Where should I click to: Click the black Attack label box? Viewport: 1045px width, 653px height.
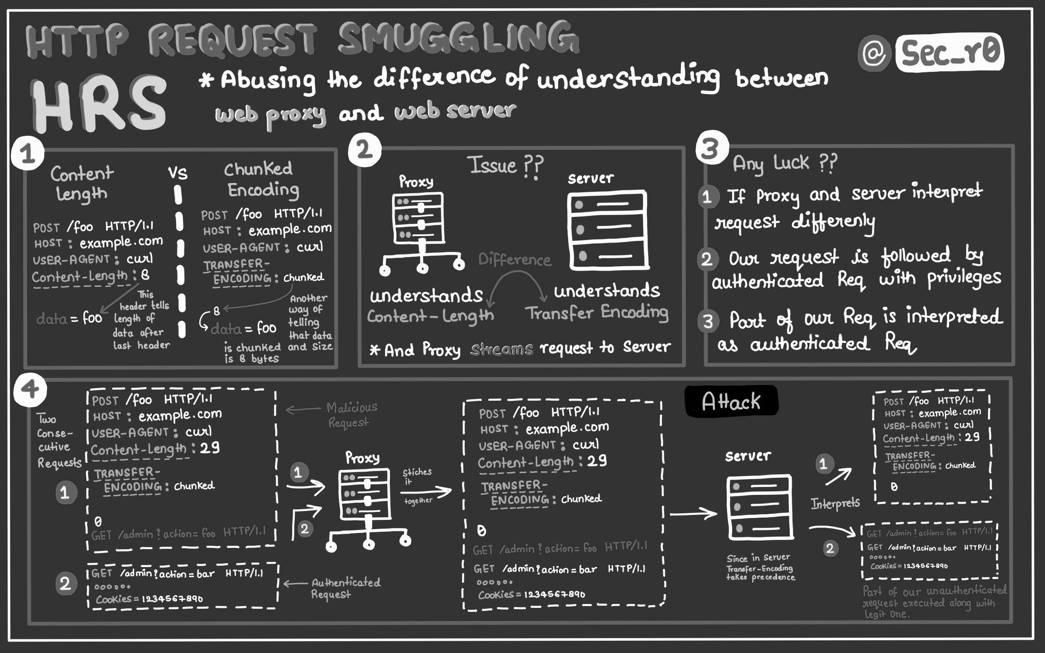(731, 401)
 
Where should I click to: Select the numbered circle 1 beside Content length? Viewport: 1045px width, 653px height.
(27, 154)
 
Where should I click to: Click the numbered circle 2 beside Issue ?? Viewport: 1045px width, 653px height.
(364, 152)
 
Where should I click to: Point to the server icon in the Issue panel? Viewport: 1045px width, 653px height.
(608, 231)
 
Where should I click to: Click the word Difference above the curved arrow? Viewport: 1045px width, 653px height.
(514, 260)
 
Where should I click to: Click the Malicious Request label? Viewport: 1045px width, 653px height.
(351, 415)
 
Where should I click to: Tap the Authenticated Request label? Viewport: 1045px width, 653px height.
(345, 588)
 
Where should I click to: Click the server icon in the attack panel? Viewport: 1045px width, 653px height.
(760, 508)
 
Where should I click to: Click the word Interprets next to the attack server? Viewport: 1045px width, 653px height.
(835, 504)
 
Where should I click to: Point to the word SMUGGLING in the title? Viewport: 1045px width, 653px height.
(458, 38)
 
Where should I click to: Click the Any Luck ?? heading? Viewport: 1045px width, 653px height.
(785, 163)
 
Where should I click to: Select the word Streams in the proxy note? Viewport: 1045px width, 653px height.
(501, 349)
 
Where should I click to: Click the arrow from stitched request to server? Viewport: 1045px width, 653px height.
(693, 514)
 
